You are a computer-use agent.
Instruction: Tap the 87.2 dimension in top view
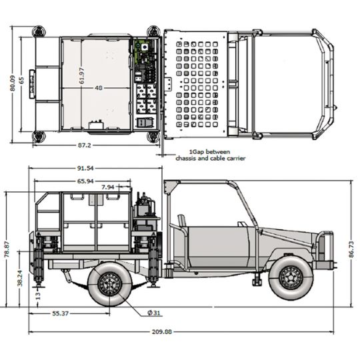click(85, 145)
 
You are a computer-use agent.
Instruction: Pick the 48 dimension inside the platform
click(98, 88)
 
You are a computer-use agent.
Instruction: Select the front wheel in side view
click(291, 277)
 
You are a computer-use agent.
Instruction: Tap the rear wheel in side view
click(109, 283)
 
